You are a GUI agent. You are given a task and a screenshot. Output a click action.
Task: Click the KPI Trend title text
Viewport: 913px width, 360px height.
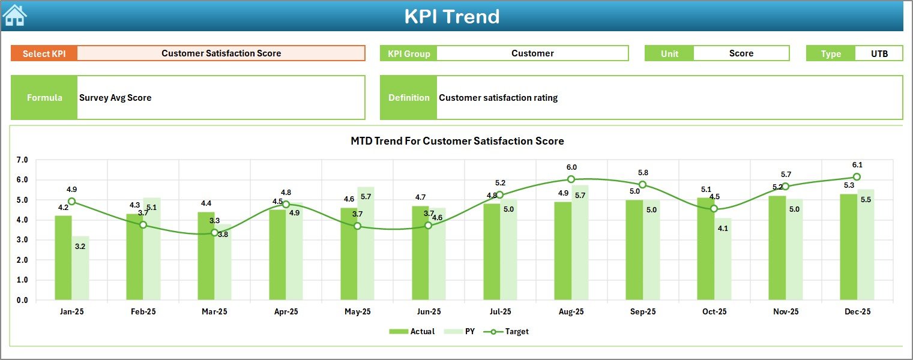click(x=451, y=16)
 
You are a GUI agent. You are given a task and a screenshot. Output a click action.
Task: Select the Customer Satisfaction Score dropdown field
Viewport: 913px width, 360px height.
click(x=221, y=53)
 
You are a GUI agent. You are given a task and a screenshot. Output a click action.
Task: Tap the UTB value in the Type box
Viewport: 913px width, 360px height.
click(x=879, y=53)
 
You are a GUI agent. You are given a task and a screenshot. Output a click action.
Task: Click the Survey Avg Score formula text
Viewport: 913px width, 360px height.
click(x=115, y=98)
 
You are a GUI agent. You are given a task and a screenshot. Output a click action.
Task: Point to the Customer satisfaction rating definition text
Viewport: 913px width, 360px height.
click(x=498, y=98)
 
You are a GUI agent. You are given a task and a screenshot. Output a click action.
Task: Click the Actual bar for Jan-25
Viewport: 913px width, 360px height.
click(x=63, y=258)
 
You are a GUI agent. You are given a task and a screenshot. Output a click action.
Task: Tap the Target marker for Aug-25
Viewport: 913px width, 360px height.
click(x=571, y=179)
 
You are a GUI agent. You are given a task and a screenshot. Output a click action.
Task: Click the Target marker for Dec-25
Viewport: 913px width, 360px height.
click(x=857, y=177)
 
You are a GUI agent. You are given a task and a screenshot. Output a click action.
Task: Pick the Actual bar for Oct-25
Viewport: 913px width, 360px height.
click(x=705, y=249)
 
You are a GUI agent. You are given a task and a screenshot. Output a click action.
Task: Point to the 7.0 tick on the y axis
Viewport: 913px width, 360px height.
click(x=22, y=160)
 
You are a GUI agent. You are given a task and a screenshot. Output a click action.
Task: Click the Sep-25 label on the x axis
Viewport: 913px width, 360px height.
click(x=642, y=312)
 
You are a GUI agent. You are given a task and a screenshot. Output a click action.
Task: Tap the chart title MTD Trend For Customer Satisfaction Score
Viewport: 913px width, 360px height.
click(x=457, y=141)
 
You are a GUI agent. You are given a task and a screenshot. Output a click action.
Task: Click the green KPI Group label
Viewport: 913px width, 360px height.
click(x=409, y=53)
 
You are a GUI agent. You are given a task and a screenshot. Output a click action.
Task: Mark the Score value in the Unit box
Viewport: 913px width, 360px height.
click(x=741, y=53)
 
